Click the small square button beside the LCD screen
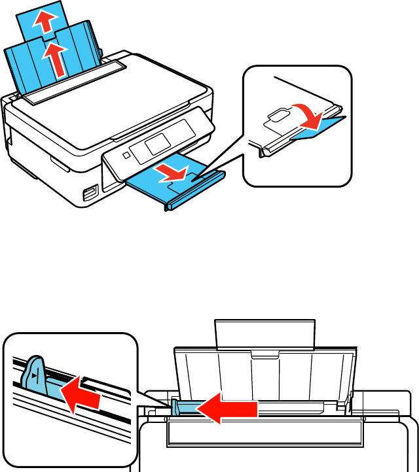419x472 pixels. point(125,156)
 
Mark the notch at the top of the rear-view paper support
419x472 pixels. point(265,355)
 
